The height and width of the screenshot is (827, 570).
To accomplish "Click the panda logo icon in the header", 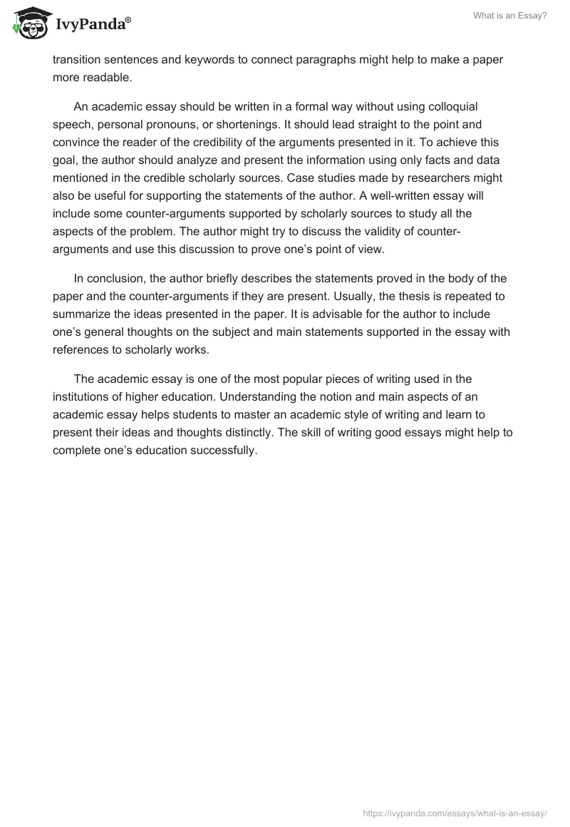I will click(x=28, y=23).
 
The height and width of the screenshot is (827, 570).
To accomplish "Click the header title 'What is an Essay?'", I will click(x=510, y=16).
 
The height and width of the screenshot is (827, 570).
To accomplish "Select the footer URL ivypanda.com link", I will click(x=455, y=811).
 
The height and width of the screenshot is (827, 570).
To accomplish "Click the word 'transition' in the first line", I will click(x=78, y=60).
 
